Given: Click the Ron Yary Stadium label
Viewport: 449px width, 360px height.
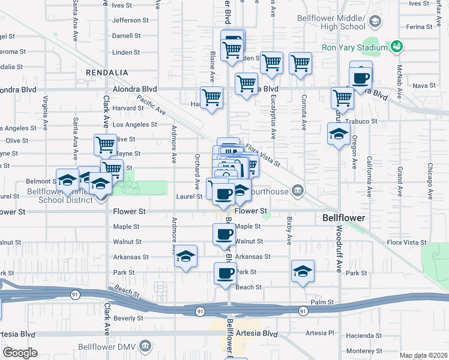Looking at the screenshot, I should [355, 47].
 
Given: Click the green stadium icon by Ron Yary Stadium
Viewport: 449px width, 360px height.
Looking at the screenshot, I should [396, 46].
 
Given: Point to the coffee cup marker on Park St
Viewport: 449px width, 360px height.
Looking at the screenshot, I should [225, 273].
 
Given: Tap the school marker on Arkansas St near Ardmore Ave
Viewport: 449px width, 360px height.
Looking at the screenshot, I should [186, 256].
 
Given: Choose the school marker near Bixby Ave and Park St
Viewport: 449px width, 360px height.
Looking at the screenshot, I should [303, 271].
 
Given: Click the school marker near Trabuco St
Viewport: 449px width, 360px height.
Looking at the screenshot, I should [339, 134].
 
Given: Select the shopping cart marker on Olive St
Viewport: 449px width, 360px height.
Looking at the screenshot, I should [105, 145].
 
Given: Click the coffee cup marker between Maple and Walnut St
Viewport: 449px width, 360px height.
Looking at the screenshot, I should [224, 233].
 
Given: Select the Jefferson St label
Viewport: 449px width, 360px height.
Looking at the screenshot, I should [126, 20].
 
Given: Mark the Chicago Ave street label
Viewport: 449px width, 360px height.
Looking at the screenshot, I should [430, 174].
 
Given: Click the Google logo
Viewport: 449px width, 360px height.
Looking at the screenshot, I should [20, 352].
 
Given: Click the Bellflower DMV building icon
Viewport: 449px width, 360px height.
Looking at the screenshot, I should [145, 346].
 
